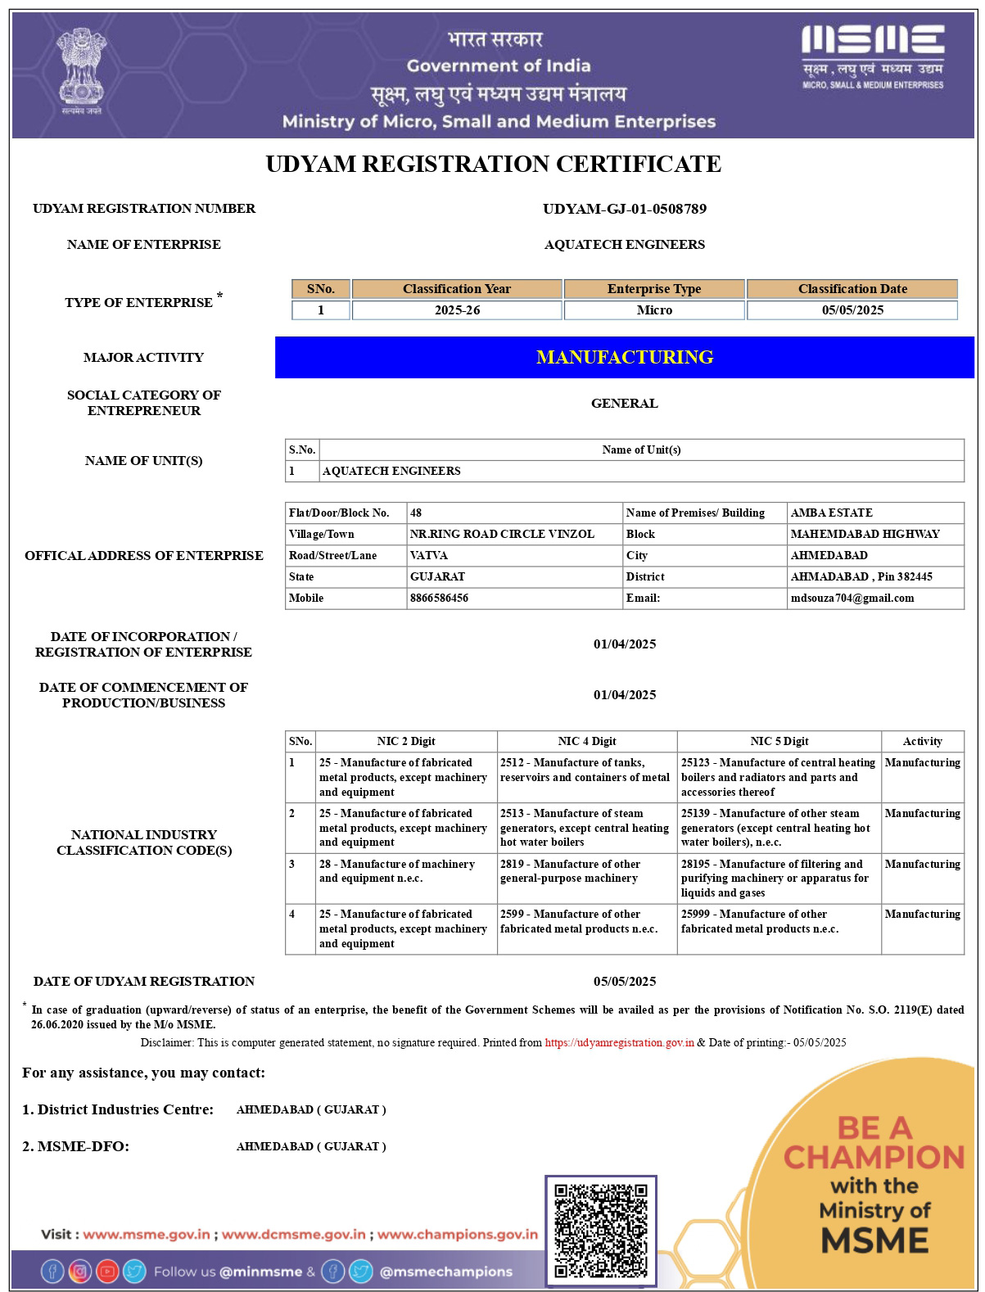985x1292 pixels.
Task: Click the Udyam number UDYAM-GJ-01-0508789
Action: click(624, 209)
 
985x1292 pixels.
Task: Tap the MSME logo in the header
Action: click(872, 56)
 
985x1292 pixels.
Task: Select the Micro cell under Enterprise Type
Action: click(654, 310)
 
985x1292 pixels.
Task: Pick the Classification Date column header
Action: click(852, 289)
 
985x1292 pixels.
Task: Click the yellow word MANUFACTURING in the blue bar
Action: click(624, 357)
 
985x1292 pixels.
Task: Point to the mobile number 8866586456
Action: click(440, 599)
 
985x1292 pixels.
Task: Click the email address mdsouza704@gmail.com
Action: click(852, 599)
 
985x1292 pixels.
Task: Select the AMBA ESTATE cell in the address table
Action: click(831, 513)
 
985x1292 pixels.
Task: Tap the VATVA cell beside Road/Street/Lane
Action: click(429, 556)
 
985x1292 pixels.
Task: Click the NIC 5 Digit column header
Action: click(779, 742)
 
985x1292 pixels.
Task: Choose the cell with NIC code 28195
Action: click(779, 879)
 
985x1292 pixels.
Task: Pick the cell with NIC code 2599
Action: click(586, 922)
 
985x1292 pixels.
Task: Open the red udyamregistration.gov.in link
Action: click(619, 1043)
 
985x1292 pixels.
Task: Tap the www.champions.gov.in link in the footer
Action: click(457, 1235)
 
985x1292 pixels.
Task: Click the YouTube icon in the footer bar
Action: click(107, 1272)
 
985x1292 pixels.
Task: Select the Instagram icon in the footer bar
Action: click(79, 1272)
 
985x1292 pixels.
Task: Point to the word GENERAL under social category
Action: click(624, 404)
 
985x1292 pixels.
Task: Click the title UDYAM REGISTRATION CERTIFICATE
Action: click(493, 165)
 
